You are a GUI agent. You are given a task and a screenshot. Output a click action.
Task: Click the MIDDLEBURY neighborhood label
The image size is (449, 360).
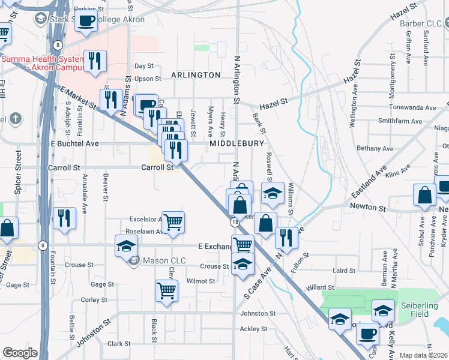(237, 144)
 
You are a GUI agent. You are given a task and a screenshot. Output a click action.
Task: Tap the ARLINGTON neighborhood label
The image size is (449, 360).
(196, 75)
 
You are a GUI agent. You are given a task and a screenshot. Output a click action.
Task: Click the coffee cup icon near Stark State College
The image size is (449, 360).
(85, 22)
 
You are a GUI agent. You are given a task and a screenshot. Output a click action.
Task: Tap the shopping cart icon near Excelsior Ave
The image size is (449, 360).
(172, 221)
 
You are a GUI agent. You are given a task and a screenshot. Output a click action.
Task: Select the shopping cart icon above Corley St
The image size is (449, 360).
(166, 291)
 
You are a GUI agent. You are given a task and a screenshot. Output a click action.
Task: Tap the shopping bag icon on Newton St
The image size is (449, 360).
(424, 195)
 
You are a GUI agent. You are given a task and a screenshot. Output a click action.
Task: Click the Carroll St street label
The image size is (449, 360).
(157, 167)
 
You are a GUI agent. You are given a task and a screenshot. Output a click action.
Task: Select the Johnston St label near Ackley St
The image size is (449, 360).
(258, 313)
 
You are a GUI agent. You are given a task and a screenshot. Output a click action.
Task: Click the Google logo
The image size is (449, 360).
(20, 353)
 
